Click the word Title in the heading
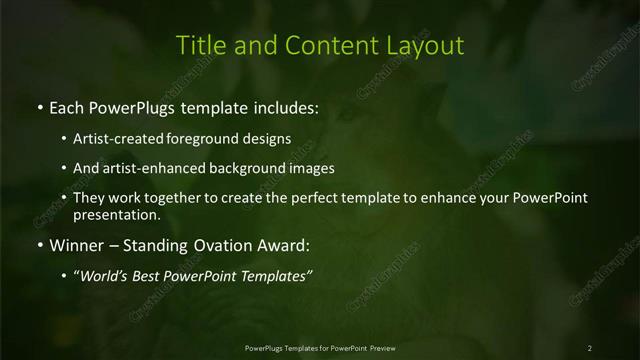click(197, 45)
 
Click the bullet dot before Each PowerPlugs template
click(38, 106)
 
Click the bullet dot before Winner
click(38, 244)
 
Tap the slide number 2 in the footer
click(590, 348)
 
